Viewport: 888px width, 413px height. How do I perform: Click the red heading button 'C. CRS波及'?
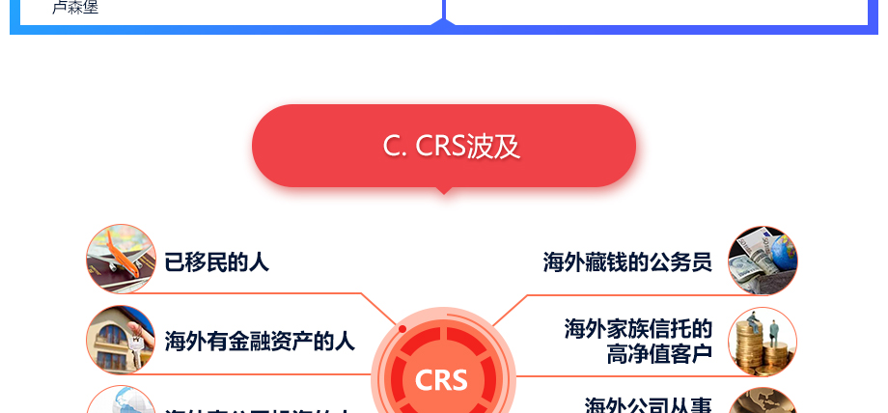point(443,146)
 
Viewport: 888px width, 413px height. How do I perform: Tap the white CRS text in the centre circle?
point(441,379)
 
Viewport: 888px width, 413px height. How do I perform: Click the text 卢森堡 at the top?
point(75,8)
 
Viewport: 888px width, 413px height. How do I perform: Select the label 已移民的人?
point(216,262)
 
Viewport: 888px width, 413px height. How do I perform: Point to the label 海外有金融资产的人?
point(260,341)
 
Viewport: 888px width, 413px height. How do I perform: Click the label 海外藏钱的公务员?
point(627,262)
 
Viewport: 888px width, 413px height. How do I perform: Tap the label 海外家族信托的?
point(638,329)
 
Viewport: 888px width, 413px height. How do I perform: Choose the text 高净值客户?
point(659,354)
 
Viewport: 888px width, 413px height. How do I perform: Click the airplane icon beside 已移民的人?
point(121,259)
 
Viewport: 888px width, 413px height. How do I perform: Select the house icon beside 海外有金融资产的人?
point(121,340)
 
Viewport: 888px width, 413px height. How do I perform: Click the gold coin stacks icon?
point(763,342)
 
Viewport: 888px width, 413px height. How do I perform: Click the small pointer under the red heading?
point(444,190)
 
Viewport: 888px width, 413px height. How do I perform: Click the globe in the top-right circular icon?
point(781,250)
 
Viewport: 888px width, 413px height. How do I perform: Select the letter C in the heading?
point(392,146)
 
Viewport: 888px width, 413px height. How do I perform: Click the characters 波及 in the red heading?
point(493,146)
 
